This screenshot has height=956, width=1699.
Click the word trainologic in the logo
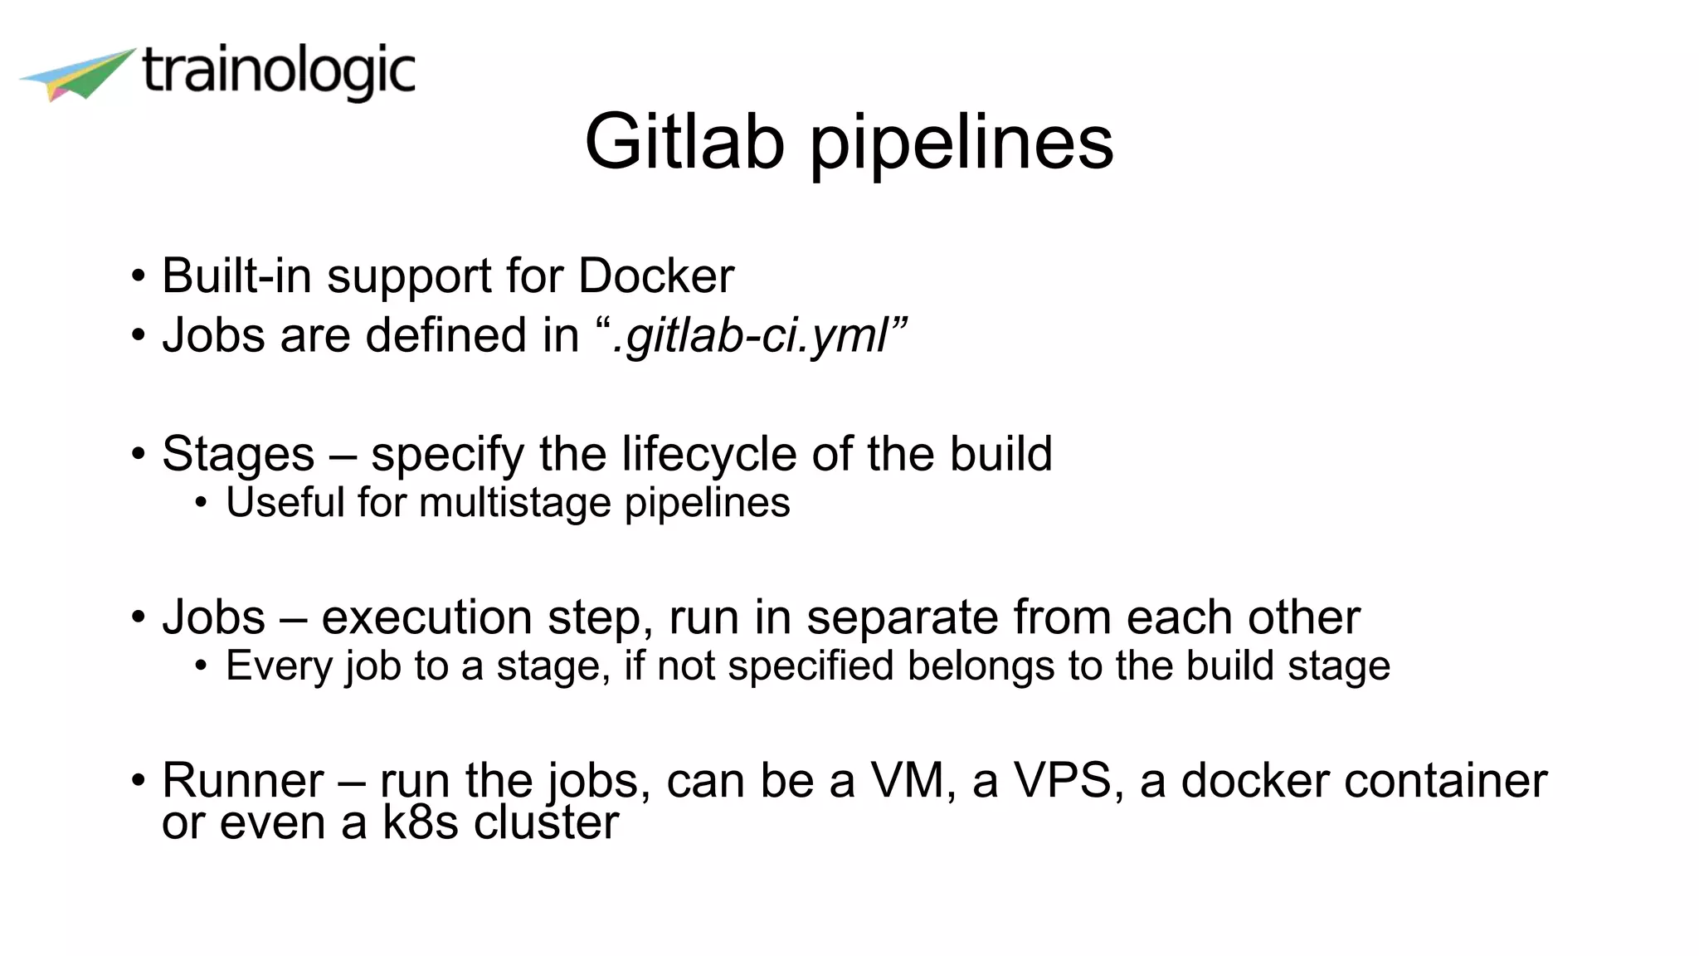(x=278, y=71)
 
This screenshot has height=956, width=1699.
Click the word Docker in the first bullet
(x=656, y=276)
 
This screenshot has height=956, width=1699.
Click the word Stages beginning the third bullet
(x=238, y=455)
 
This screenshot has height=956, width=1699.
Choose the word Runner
(x=242, y=781)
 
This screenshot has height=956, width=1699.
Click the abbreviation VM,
(x=913, y=781)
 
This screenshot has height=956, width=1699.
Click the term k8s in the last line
(x=420, y=823)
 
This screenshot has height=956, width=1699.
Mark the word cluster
(x=546, y=823)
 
